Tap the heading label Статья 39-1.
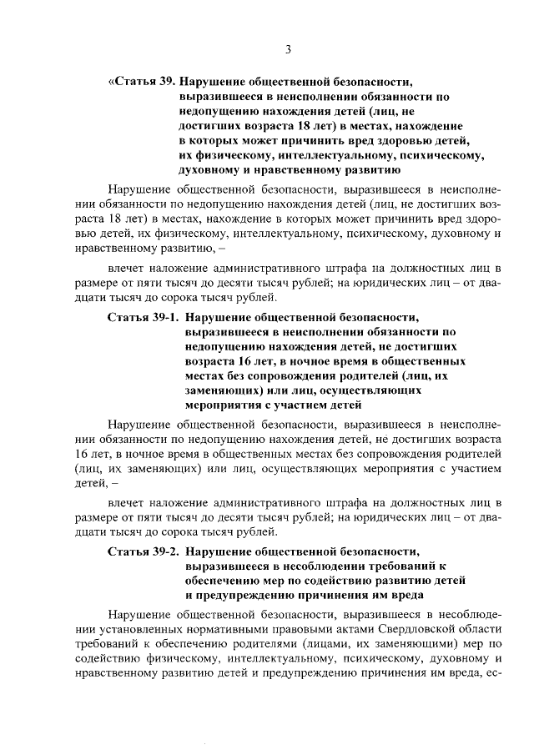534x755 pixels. pos(143,318)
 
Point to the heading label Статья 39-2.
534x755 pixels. pos(143,552)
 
